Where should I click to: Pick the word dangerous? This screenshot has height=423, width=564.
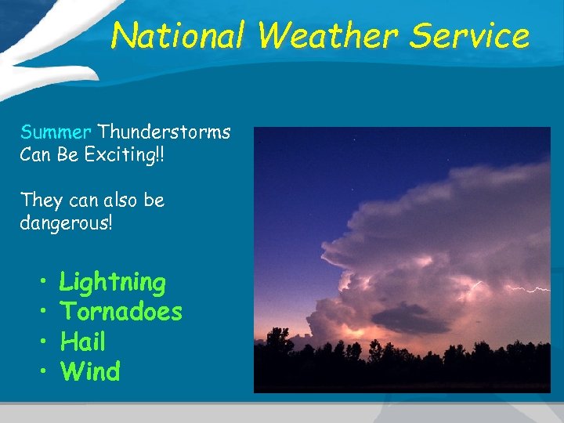pyautogui.click(x=67, y=224)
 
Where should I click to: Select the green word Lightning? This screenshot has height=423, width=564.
pyautogui.click(x=113, y=282)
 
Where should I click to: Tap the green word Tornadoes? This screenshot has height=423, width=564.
pyautogui.click(x=121, y=312)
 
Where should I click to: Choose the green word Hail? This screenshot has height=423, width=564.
pyautogui.click(x=82, y=342)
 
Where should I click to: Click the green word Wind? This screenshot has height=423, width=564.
pyautogui.click(x=90, y=371)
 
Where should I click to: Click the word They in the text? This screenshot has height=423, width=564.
pyautogui.click(x=40, y=201)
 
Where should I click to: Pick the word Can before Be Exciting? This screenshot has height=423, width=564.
pyautogui.click(x=35, y=155)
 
